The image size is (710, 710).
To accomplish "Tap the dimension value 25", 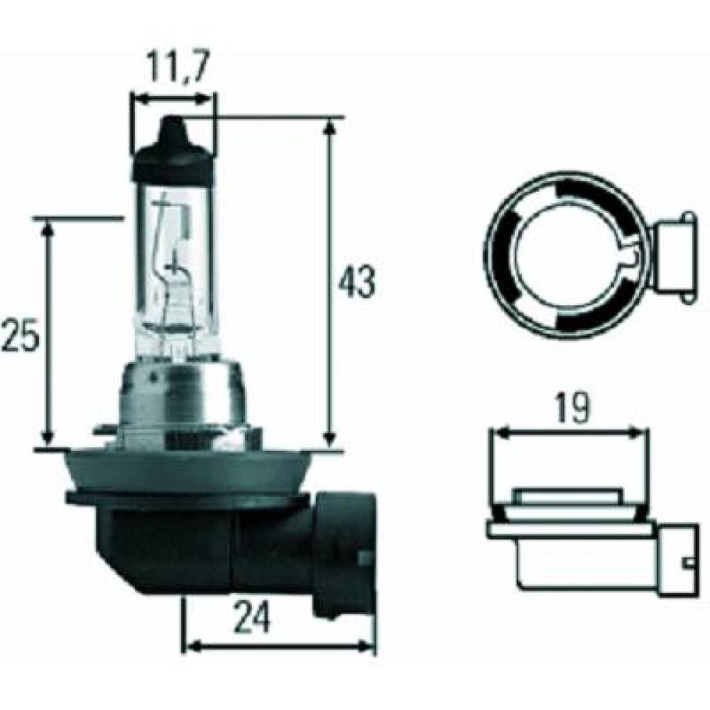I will [x=19, y=336].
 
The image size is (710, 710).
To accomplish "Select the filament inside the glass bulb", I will [x=170, y=270].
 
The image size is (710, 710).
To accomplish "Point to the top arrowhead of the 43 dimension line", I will [x=329, y=126].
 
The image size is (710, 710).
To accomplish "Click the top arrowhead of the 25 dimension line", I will [x=48, y=227].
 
